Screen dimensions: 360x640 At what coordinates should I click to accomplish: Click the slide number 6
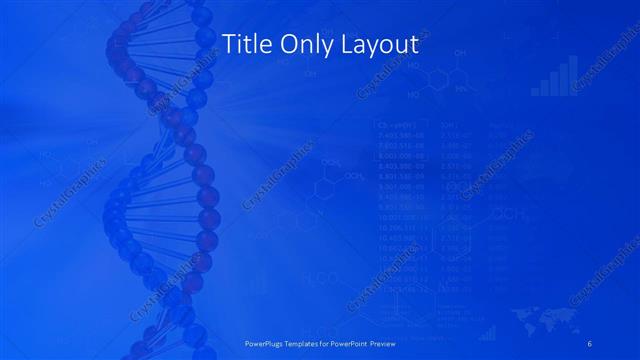(x=590, y=343)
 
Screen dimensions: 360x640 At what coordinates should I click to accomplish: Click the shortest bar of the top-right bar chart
(x=535, y=90)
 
